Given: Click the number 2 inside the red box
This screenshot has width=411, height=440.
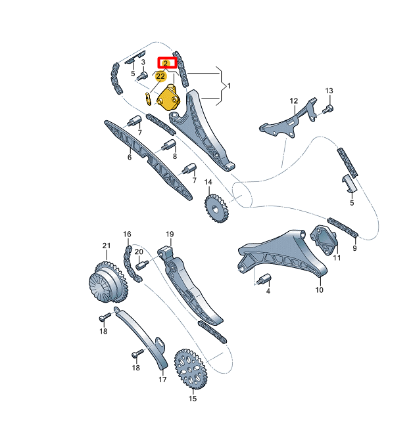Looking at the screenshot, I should click(x=166, y=63).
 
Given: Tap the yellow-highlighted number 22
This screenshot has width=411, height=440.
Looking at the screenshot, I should click(x=160, y=77).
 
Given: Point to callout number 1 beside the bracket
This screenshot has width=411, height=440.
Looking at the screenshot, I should click(x=229, y=86).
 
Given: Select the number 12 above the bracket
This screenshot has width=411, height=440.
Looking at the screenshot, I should click(x=294, y=101).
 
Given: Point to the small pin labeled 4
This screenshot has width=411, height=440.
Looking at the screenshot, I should click(x=266, y=278).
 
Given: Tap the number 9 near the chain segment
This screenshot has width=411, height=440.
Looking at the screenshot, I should click(x=354, y=248).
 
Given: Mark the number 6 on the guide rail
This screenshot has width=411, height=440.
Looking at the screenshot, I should click(x=130, y=157).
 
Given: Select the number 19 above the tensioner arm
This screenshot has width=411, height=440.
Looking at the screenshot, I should click(x=169, y=234).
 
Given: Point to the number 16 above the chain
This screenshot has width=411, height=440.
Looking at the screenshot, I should click(x=127, y=234).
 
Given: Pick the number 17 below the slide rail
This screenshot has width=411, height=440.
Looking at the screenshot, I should click(x=162, y=379).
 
